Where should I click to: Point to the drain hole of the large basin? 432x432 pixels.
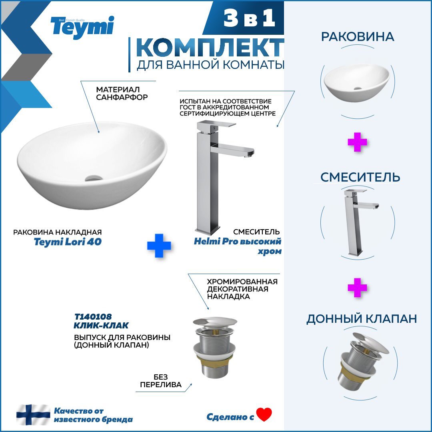94,178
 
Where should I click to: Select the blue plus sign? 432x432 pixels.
159,246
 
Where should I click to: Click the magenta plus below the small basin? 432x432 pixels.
357,142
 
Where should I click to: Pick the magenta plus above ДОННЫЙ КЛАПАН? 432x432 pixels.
357,288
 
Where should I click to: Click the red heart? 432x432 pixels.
264,414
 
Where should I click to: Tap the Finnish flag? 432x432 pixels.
33,415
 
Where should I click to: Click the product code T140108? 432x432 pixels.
93,316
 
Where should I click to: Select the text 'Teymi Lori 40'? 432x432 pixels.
68,242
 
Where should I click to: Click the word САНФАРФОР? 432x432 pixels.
122,97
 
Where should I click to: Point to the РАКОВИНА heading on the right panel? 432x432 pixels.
358,37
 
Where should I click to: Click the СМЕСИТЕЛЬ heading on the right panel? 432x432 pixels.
360,177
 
